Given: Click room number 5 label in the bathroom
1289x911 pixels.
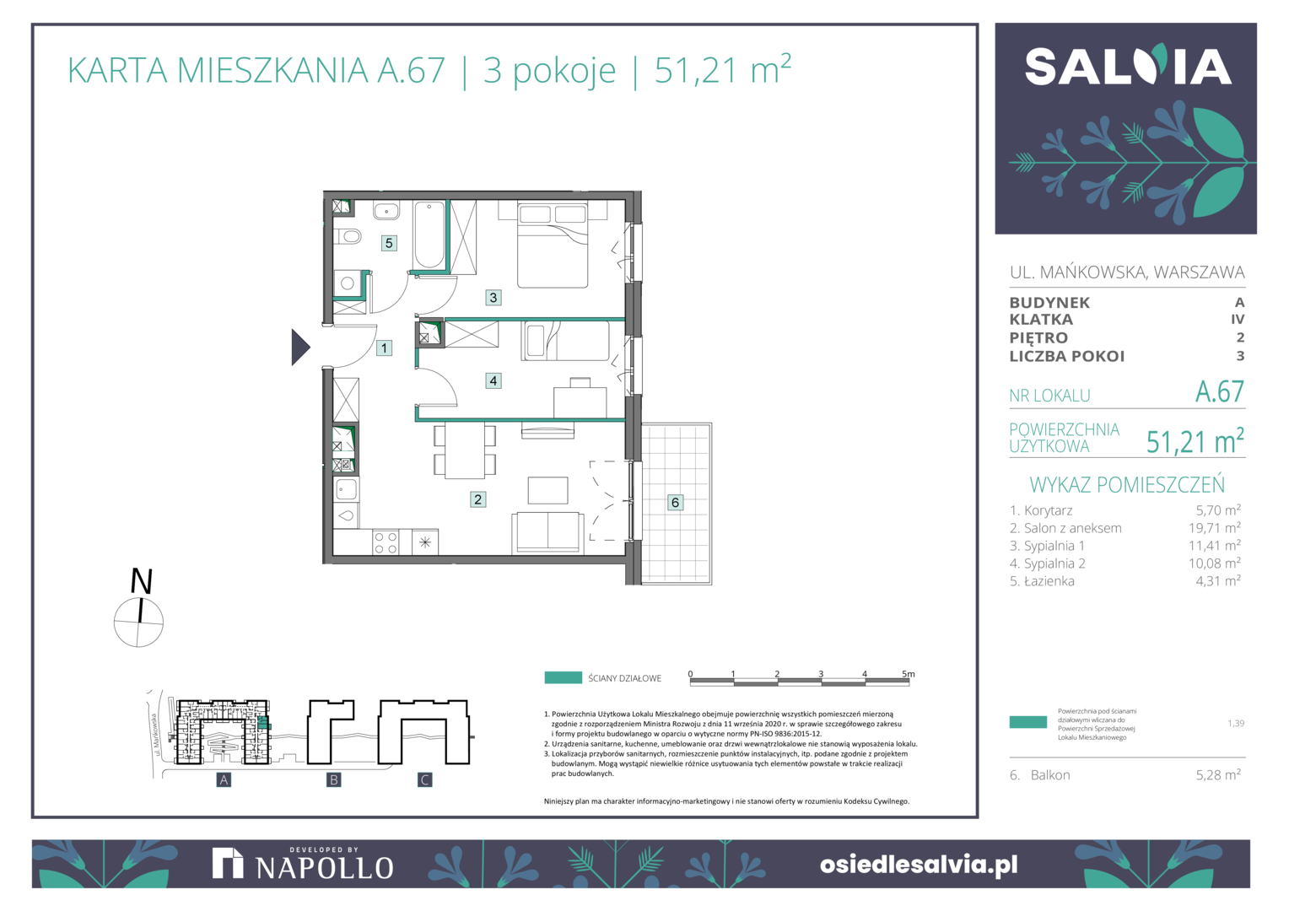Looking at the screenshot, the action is [389, 243].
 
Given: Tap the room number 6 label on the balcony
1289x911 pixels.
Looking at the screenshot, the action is [675, 503].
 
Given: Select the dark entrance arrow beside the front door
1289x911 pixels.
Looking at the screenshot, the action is [300, 347].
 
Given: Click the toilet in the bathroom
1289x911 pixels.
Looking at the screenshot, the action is [348, 236].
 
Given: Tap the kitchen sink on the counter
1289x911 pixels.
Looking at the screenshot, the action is [347, 490].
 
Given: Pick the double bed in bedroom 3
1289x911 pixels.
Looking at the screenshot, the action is [553, 245].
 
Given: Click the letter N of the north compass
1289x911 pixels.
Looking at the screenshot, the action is [142, 580].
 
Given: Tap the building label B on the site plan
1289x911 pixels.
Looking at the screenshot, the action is [333, 779].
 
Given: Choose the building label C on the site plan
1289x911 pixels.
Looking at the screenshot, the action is [424, 779].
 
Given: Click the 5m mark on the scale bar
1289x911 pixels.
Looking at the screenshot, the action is [908, 674].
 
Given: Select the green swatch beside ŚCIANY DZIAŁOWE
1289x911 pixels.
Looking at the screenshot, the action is [564, 677].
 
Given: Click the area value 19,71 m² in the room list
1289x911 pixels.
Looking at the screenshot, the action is [1214, 528].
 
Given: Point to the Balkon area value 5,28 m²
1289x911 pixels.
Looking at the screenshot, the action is [1218, 774].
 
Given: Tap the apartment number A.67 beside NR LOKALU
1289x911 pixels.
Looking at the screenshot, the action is [1220, 392].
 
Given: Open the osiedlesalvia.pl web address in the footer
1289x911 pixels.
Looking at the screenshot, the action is [919, 865].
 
